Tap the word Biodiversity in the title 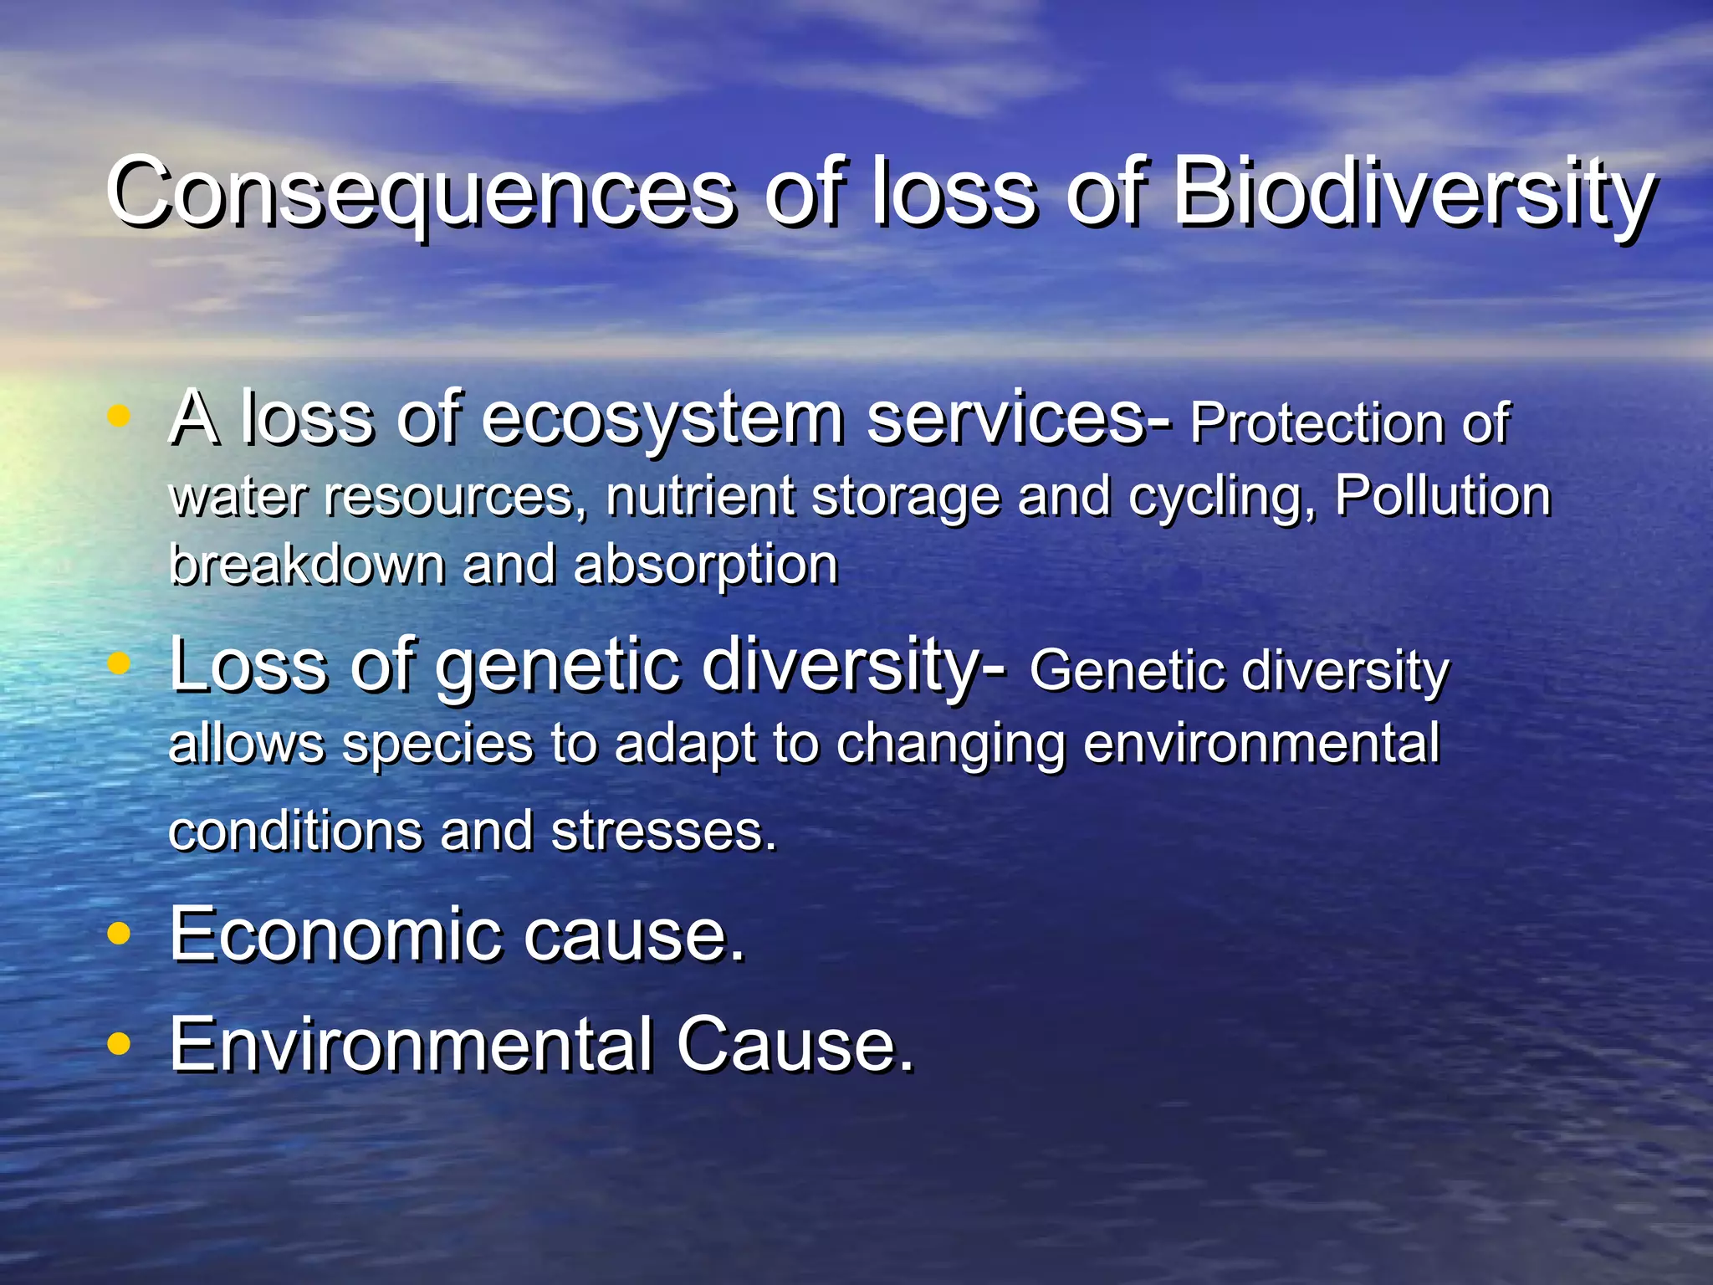(x=1414, y=194)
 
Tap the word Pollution (x=1442, y=495)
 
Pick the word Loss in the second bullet (x=248, y=665)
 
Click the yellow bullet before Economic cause (x=120, y=934)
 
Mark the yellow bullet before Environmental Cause (x=120, y=1043)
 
